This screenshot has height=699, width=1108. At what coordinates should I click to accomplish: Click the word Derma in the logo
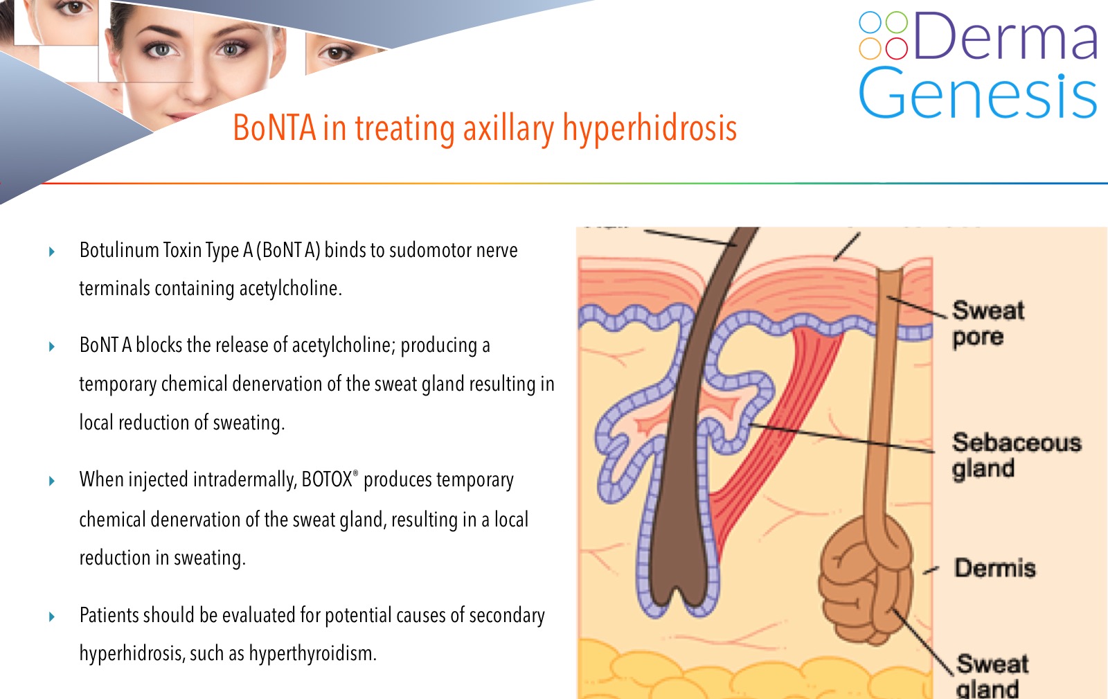1005,35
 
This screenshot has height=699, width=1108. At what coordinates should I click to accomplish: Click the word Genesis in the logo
977,93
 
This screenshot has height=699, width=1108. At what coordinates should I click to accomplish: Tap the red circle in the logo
896,48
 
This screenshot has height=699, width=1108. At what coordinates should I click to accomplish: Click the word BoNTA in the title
274,128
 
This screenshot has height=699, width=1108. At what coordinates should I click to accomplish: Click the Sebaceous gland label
1017,456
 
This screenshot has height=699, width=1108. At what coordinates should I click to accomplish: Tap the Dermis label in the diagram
994,568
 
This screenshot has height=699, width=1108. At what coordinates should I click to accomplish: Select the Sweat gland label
992,675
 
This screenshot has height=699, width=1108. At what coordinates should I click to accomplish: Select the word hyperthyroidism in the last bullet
312,654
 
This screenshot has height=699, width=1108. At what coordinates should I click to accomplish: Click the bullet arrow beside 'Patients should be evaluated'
52,617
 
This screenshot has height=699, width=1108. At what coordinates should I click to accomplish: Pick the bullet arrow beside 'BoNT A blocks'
52,346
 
